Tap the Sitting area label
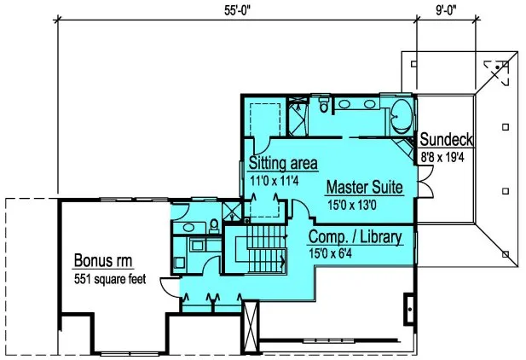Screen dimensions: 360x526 pyautogui.click(x=283, y=163)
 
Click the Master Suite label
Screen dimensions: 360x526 pyautogui.click(x=364, y=186)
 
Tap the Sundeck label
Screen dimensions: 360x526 pyautogui.click(x=446, y=139)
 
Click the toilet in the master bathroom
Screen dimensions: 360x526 pyautogui.click(x=322, y=106)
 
